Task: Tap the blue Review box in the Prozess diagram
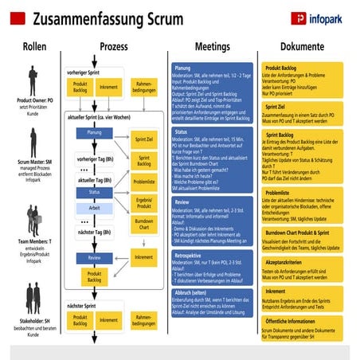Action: [x=94, y=258]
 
